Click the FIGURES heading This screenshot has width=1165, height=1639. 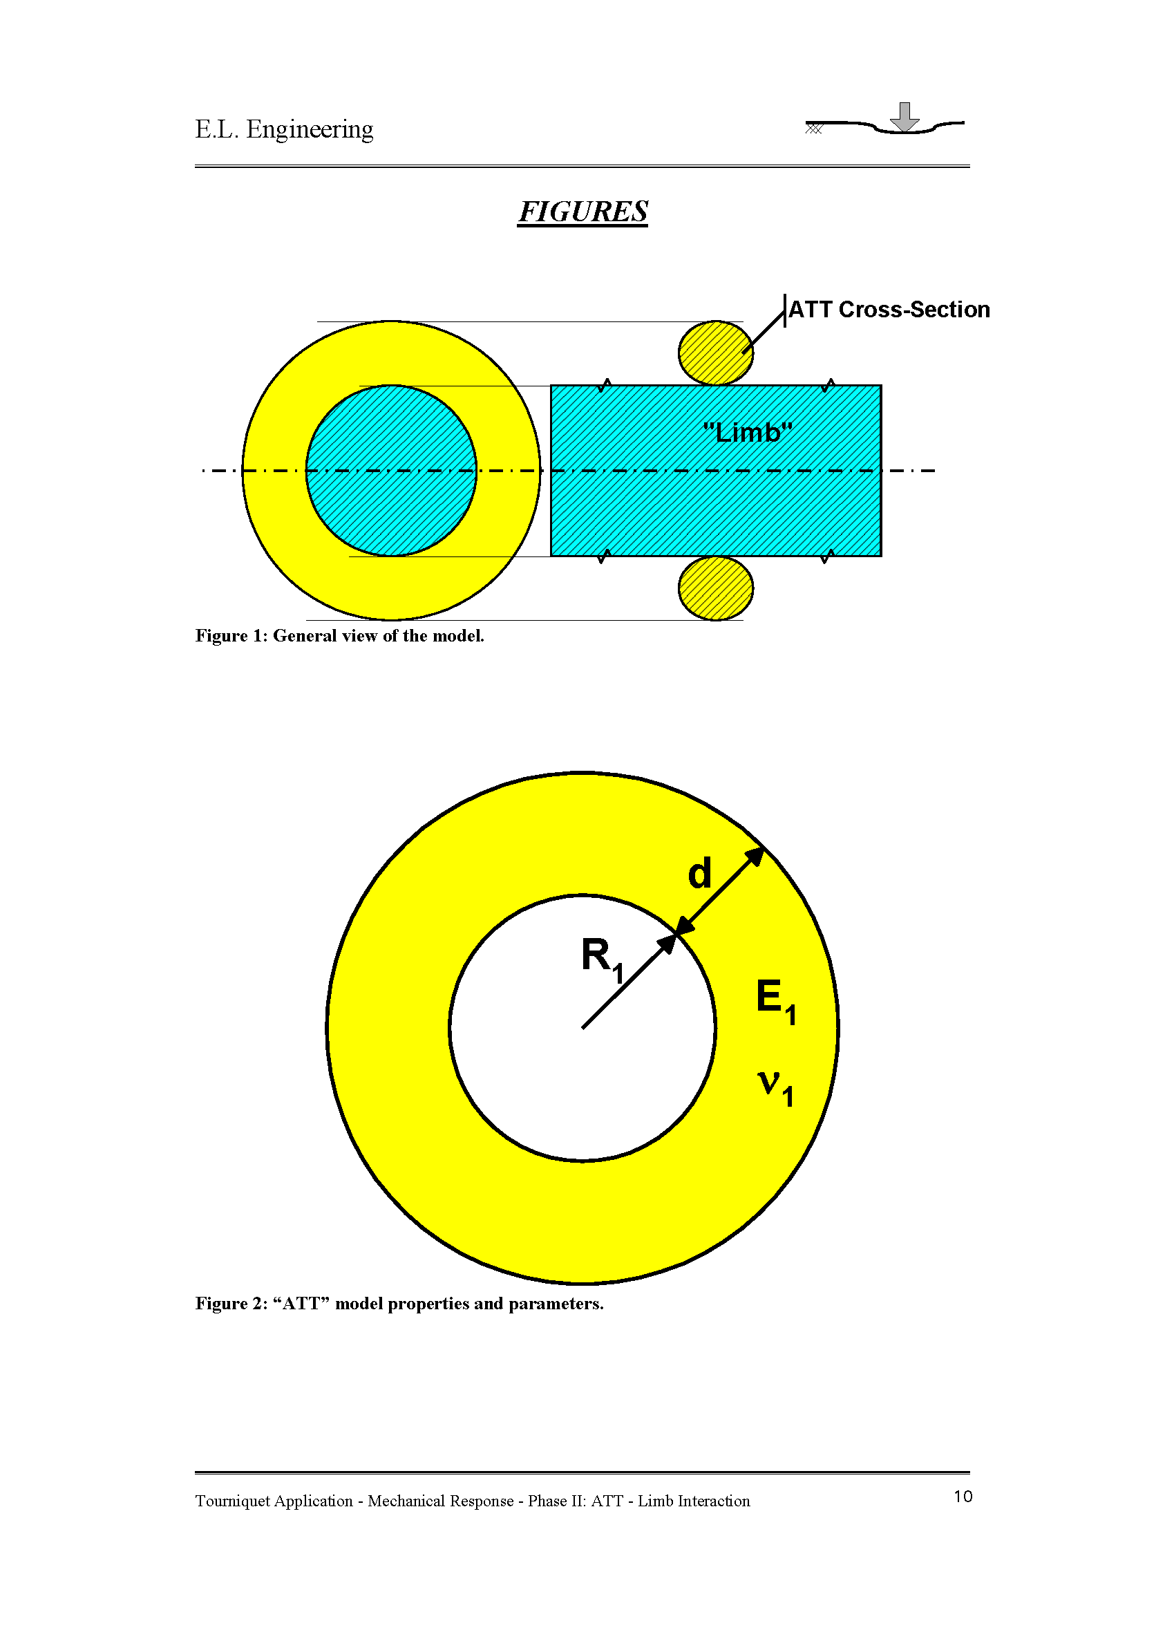coord(582,212)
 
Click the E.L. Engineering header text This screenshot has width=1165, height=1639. coord(284,129)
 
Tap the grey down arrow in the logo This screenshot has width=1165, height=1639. coord(904,117)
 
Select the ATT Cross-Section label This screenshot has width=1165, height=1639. coord(889,309)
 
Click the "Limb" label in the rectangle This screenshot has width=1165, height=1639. coord(748,433)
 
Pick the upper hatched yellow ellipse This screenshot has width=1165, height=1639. coord(714,353)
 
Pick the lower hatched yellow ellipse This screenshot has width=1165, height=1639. coord(715,588)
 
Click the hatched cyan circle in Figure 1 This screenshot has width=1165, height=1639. coord(391,503)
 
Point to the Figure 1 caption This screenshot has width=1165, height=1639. coord(339,636)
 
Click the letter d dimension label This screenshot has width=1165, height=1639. coord(699,873)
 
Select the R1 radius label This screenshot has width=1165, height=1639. coord(602,959)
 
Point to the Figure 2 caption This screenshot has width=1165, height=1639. coord(399,1303)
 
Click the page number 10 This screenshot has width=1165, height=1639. coord(963,1496)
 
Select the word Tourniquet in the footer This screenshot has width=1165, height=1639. coord(238,1501)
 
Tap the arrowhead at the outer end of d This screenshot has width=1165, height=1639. coord(755,856)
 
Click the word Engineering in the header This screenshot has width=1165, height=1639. coord(309,129)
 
